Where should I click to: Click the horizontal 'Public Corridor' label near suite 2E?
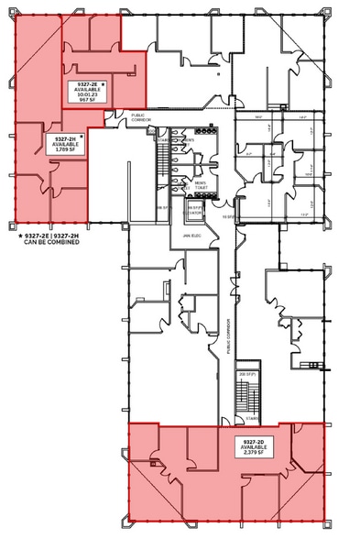tap(140, 118)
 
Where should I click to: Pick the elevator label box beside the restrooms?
tap(193, 211)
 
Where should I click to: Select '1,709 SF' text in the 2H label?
tap(64, 150)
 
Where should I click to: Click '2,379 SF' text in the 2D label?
tap(253, 453)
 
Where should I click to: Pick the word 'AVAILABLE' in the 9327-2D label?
tap(253, 446)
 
